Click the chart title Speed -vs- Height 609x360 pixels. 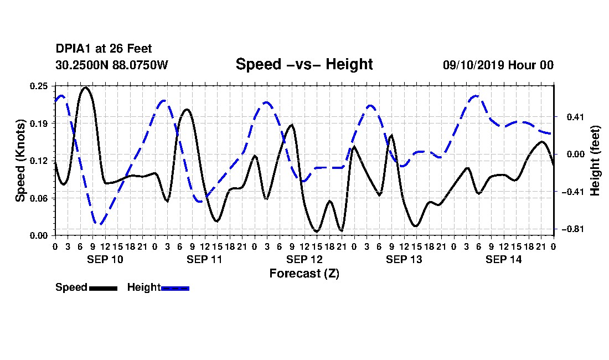(x=304, y=64)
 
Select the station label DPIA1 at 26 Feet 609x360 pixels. (x=104, y=49)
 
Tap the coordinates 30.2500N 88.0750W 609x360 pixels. (x=112, y=65)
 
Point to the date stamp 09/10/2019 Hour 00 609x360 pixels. (x=498, y=65)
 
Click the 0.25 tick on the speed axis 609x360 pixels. (x=39, y=86)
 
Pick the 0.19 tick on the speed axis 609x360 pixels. (x=39, y=124)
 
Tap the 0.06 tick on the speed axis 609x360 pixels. (x=39, y=198)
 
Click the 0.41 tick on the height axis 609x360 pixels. (x=576, y=116)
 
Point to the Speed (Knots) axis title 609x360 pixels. (x=20, y=161)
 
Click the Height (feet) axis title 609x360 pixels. (x=595, y=161)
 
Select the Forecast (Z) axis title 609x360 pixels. (x=304, y=274)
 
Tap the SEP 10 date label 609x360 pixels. (x=105, y=259)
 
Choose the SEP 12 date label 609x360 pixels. (x=304, y=259)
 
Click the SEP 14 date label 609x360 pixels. (x=503, y=259)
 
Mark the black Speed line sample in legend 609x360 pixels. (x=104, y=288)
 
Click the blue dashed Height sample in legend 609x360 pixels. (x=175, y=288)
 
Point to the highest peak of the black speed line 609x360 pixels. (x=85, y=88)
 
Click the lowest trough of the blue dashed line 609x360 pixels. (x=99, y=224)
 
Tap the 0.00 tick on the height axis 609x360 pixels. (x=576, y=154)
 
